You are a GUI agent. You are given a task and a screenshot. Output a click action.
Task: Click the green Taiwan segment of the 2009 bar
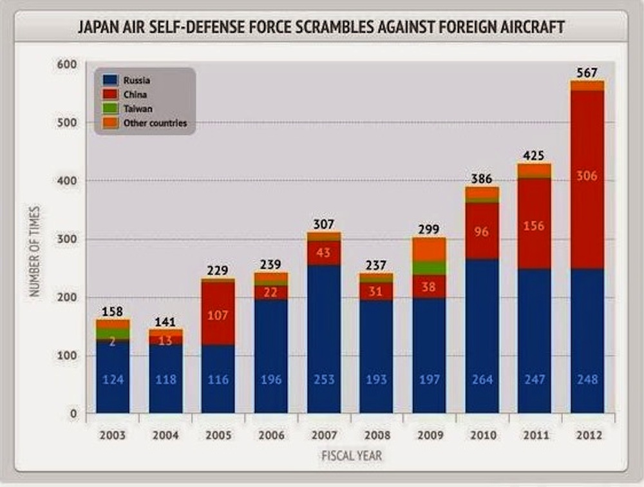(429, 268)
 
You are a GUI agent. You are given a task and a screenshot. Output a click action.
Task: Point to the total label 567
(587, 72)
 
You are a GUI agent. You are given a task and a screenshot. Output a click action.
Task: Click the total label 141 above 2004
(166, 322)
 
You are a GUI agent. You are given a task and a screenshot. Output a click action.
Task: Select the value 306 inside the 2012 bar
(587, 175)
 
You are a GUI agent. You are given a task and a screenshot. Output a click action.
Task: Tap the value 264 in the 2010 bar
(482, 379)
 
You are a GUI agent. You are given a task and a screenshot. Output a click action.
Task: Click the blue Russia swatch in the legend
(110, 81)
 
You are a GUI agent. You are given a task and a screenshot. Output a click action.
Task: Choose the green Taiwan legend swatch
(110, 109)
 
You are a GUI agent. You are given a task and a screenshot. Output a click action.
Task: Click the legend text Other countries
(155, 123)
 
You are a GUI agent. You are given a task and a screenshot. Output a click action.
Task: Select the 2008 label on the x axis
(376, 434)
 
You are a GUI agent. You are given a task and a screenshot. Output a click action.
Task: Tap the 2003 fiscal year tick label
(113, 434)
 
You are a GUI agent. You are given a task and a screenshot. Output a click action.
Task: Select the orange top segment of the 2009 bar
(429, 249)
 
